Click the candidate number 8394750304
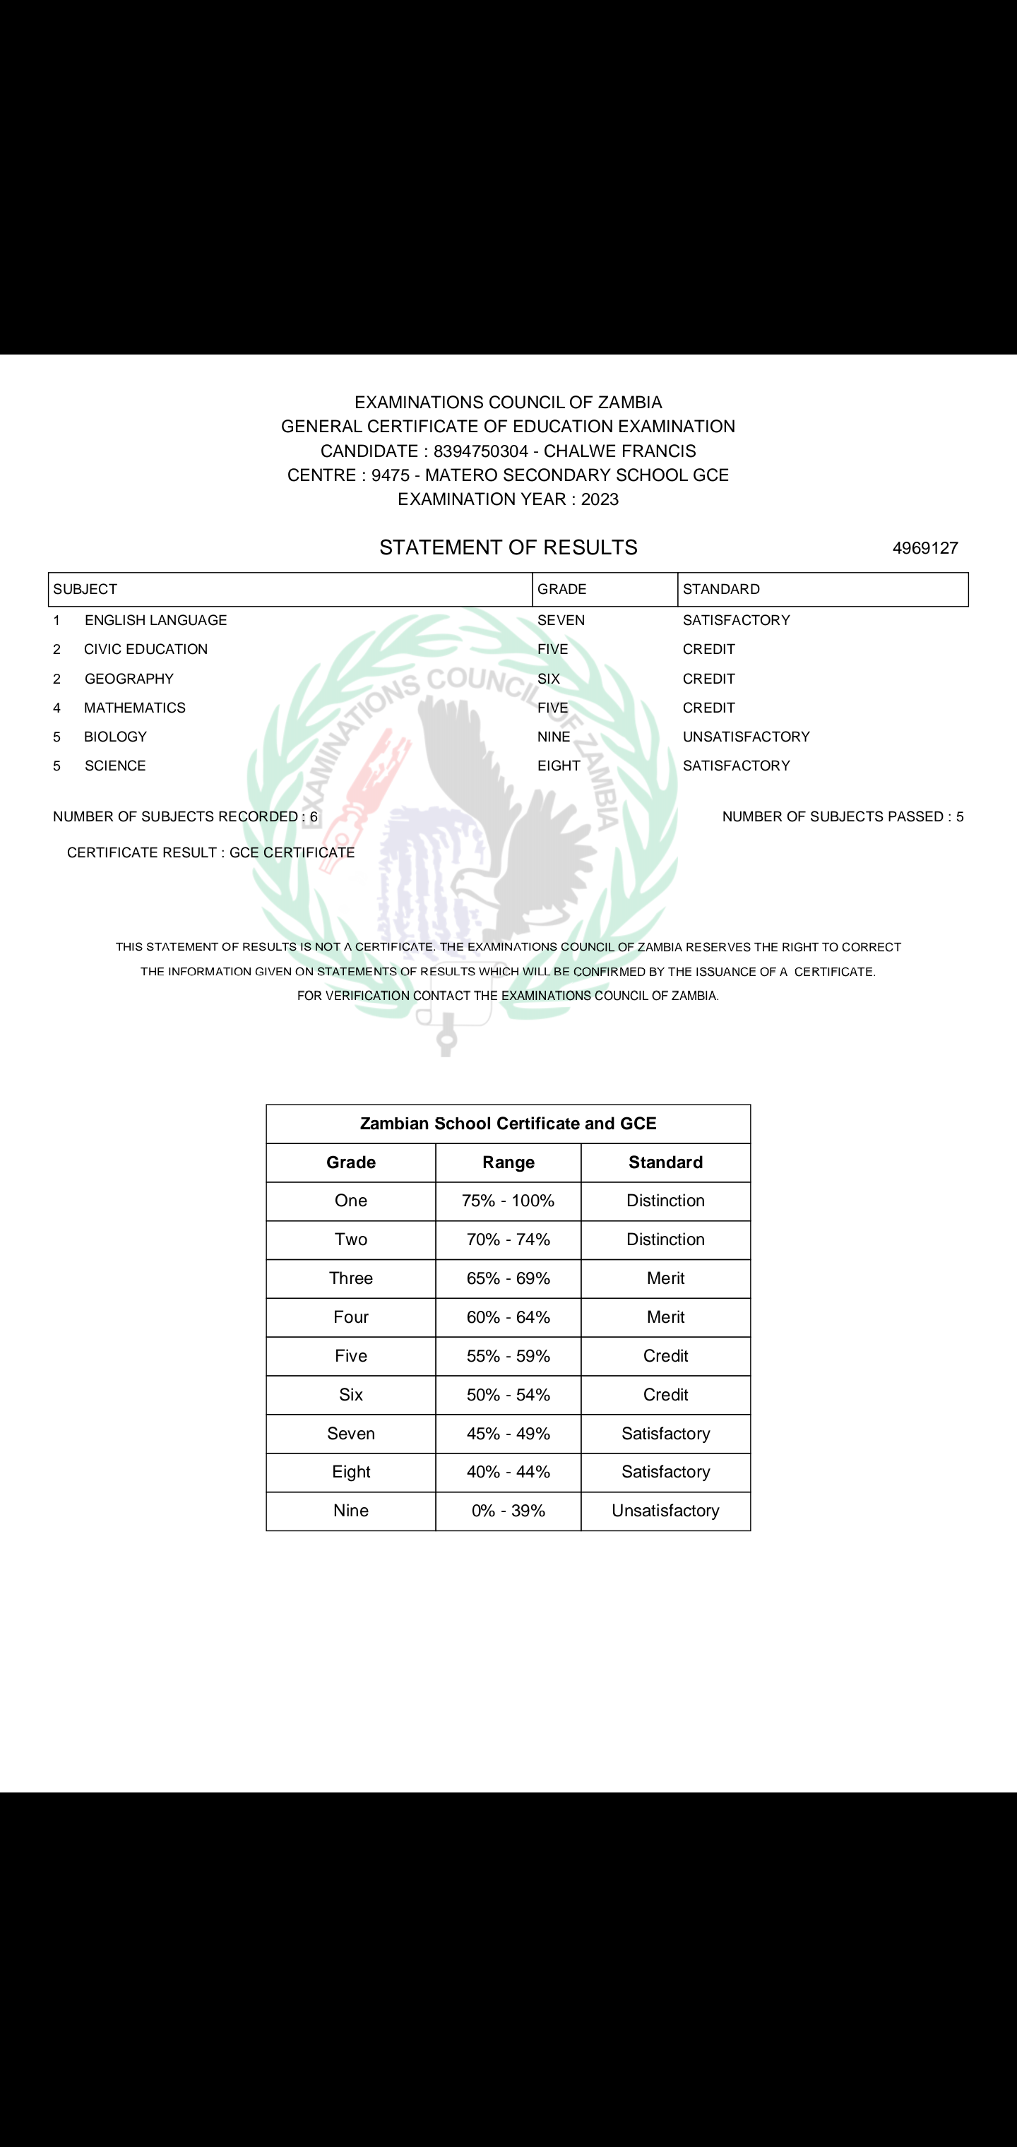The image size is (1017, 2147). pyautogui.click(x=480, y=451)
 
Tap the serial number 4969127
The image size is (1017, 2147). pyautogui.click(x=924, y=547)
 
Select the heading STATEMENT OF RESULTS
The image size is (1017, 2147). pyautogui.click(x=508, y=547)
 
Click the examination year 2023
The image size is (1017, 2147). pyautogui.click(x=600, y=499)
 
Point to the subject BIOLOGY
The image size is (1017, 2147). pyautogui.click(x=115, y=737)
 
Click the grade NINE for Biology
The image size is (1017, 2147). pyautogui.click(x=554, y=737)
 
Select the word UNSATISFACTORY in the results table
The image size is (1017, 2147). pyautogui.click(x=746, y=737)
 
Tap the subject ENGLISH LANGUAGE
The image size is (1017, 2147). pyautogui.click(x=155, y=620)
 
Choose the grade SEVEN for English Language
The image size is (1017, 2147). pyautogui.click(x=561, y=620)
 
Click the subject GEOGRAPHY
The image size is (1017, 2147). pyautogui.click(x=129, y=679)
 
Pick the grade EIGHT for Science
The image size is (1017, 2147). pyautogui.click(x=559, y=766)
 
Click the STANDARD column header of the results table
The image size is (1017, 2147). pyautogui.click(x=721, y=589)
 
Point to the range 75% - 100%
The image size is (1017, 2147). pyautogui.click(x=508, y=1201)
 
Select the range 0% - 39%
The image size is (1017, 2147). pyautogui.click(x=508, y=1511)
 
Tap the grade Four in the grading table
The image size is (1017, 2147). pyautogui.click(x=350, y=1317)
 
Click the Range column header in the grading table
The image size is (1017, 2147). pyautogui.click(x=508, y=1162)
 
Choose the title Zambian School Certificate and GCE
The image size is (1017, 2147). pyautogui.click(x=508, y=1124)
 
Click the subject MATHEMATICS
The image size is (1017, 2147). pyautogui.click(x=134, y=708)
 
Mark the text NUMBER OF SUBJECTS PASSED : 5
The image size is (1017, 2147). pyautogui.click(x=842, y=817)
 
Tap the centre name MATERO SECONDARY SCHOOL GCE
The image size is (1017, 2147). pyautogui.click(x=577, y=475)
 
